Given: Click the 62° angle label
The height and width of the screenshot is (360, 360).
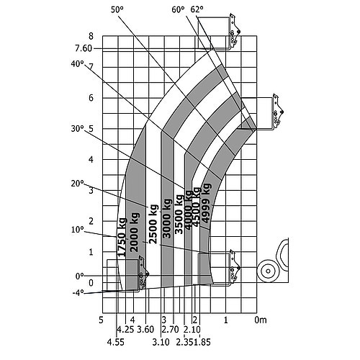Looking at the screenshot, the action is point(197,9).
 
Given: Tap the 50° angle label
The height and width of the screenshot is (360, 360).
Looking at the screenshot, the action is point(117,9).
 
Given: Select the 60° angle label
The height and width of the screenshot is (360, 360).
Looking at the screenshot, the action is point(178,9).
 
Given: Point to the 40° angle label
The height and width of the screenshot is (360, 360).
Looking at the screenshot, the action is point(78,64).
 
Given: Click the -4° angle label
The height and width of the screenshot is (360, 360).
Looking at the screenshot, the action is point(78,293).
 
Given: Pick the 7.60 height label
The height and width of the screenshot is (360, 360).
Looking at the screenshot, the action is point(84,48).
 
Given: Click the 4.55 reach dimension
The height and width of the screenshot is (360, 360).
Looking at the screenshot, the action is point(116,342).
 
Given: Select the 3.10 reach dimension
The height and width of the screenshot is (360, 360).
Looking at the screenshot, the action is point(161,342).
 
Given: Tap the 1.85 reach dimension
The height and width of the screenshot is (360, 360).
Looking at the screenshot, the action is point(202,342).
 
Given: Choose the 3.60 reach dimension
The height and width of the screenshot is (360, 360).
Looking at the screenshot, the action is point(145,330).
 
